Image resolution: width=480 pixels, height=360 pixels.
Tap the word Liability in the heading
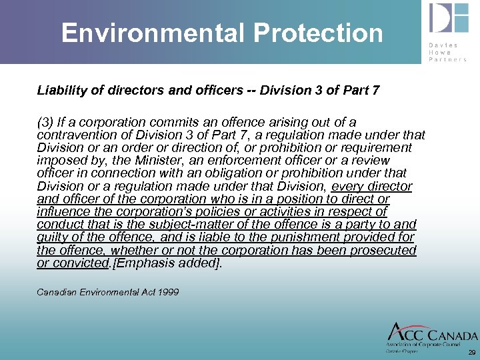(61, 90)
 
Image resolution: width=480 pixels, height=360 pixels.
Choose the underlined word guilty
(55, 237)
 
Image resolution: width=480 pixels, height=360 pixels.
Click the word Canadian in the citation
(55, 292)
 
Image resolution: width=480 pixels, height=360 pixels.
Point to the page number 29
(472, 352)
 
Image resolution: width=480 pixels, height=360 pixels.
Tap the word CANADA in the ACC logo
(451, 335)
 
